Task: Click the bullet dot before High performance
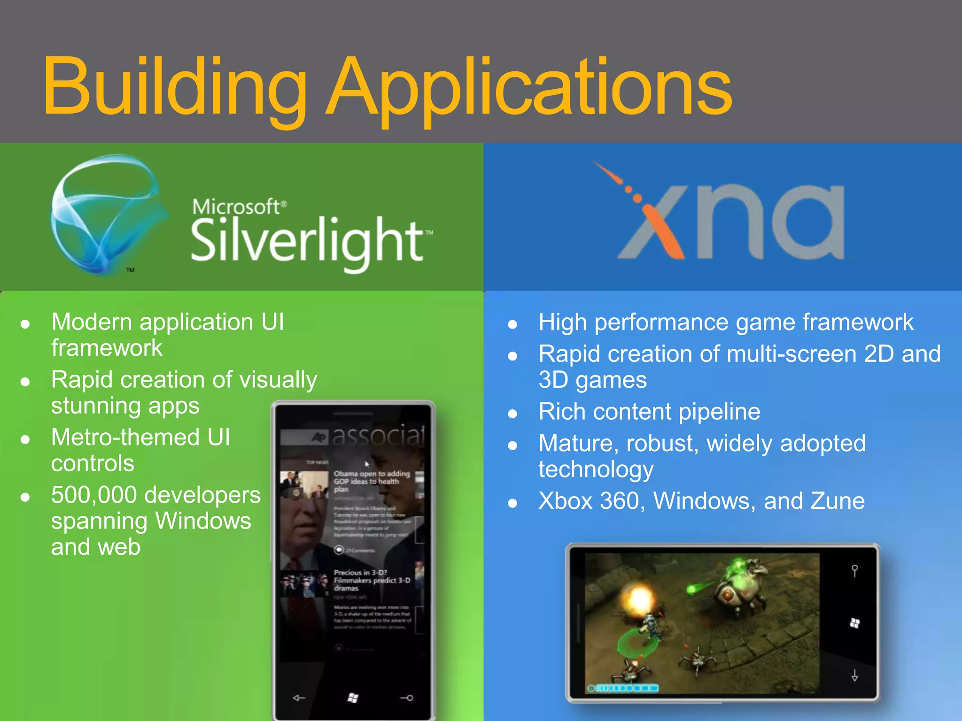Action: [512, 324]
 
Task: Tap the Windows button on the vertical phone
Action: [353, 698]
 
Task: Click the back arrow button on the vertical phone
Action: [299, 698]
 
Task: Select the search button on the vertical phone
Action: [407, 698]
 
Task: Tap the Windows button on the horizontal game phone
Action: [855, 623]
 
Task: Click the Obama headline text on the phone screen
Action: [371, 481]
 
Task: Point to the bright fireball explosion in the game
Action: [639, 598]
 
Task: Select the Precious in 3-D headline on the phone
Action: [371, 580]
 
